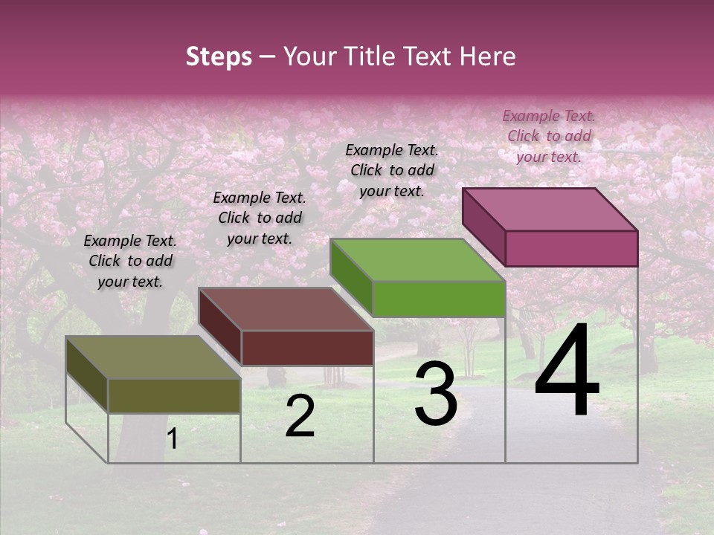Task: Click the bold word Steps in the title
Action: coord(219,56)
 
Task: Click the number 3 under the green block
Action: coord(436,394)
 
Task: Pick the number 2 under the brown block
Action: coord(300,417)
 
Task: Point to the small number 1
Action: coord(172,439)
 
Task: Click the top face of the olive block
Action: coord(152,357)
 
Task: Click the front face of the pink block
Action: coord(571,248)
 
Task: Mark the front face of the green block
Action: coord(439,299)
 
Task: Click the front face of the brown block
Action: coord(307,348)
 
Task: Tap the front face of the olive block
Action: coord(174,395)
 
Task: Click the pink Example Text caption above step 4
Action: coord(549,136)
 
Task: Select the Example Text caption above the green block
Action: coord(392,170)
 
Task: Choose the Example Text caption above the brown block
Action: coord(260,218)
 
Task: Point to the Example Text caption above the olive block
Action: coord(130,261)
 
